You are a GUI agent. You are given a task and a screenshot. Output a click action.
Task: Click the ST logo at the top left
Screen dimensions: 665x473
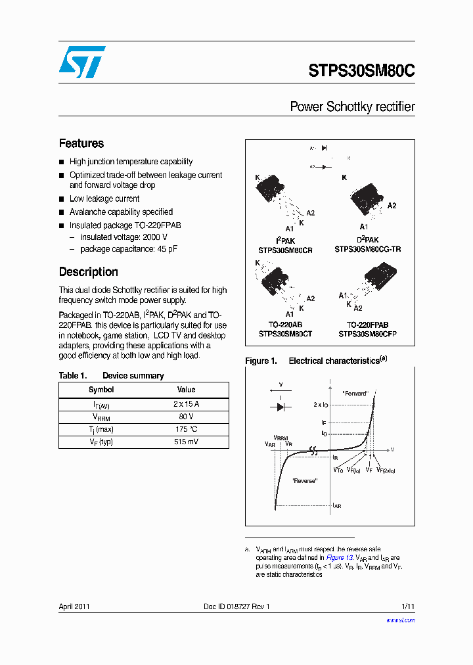pos(82,62)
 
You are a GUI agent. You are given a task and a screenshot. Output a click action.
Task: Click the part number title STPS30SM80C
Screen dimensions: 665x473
pos(361,72)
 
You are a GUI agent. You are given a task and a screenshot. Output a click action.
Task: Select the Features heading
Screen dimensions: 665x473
pos(81,143)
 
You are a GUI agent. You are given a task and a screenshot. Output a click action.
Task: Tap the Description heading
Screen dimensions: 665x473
pos(89,272)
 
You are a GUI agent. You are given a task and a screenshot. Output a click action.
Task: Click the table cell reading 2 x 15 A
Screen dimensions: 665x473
pos(186,404)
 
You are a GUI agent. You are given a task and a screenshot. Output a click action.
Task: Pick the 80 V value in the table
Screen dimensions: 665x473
pos(186,417)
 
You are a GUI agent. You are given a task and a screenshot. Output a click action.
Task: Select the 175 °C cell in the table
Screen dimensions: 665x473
pos(186,429)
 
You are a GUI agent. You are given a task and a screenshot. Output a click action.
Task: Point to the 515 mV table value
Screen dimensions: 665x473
pos(186,442)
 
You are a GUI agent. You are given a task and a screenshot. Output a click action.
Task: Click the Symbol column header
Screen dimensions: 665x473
pos(101,390)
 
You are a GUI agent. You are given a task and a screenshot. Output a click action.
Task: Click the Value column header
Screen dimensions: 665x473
pos(186,390)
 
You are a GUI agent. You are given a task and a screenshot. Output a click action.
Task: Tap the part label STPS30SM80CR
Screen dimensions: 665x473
pos(285,250)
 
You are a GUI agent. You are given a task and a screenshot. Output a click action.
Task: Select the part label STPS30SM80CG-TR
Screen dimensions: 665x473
pos(368,250)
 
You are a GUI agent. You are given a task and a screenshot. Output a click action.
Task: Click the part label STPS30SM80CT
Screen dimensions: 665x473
pos(285,334)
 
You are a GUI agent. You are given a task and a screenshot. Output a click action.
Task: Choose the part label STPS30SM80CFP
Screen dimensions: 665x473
pos(368,334)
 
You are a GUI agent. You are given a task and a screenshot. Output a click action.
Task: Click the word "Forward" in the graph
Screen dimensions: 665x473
pos(355,393)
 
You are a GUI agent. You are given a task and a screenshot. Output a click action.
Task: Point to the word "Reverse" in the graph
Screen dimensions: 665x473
pos(305,481)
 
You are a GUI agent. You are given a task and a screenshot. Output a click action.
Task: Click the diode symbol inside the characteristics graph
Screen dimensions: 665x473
pos(281,407)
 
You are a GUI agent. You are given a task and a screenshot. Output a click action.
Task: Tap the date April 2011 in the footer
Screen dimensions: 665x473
pos(75,607)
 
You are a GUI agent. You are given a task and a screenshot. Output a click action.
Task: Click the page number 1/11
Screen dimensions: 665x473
pos(407,607)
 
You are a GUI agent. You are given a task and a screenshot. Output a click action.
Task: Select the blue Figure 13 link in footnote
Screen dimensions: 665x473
pos(340,557)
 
